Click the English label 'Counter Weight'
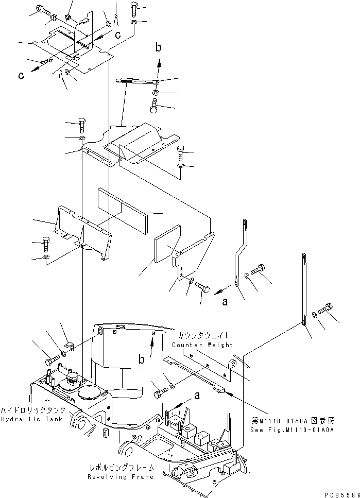(x=202, y=345)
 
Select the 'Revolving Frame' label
(x=128, y=477)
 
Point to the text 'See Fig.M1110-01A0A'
(x=292, y=430)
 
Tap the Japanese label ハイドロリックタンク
(x=33, y=410)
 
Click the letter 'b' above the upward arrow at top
(x=159, y=47)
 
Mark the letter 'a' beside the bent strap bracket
(x=225, y=303)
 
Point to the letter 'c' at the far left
(x=21, y=76)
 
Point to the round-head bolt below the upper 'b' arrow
(x=153, y=109)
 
